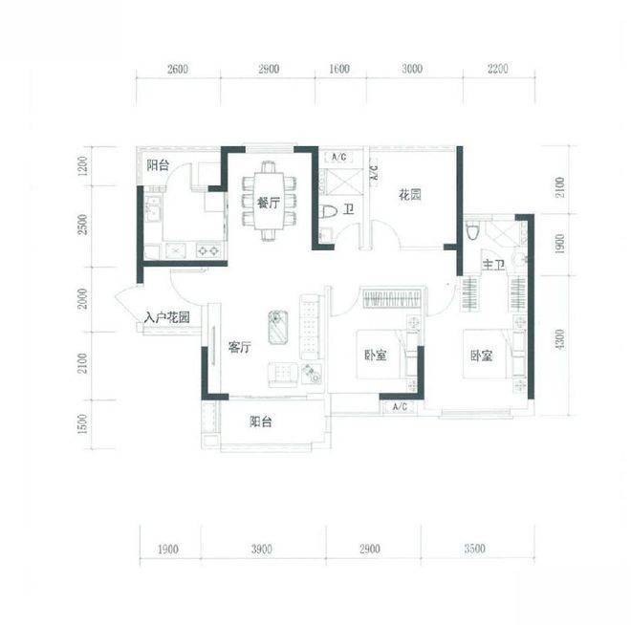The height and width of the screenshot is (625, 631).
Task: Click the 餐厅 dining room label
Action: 269,203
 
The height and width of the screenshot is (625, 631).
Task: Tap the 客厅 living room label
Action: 240,347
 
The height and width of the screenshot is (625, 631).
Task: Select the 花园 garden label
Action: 409,196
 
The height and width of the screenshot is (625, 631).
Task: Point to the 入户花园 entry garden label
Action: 167,317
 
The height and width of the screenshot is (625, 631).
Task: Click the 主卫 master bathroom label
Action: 493,265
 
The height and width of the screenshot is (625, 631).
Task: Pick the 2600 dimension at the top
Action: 178,69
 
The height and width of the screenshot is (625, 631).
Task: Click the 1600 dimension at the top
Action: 339,69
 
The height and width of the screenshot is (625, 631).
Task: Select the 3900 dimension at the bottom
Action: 262,549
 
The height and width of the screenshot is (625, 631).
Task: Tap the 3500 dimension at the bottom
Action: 474,549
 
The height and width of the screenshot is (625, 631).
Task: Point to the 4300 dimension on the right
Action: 559,340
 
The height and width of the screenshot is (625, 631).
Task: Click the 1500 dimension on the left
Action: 82,424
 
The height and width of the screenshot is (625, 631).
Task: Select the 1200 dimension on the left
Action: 81,166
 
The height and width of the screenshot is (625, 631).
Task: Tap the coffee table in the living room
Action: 278,327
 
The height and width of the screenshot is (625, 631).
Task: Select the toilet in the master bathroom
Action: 473,231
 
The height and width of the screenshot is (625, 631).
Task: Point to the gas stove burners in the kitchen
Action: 208,251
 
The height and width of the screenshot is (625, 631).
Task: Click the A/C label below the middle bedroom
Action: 400,407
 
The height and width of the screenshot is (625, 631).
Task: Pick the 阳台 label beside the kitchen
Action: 158,165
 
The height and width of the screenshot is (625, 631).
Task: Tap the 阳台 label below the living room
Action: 261,421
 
